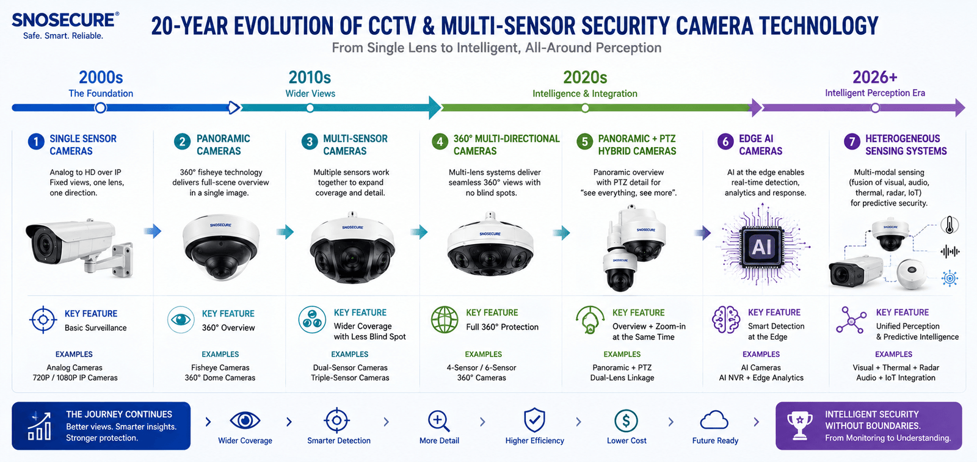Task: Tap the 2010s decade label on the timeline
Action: point(310,78)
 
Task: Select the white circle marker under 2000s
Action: point(100,107)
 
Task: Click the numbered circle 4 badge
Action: point(440,142)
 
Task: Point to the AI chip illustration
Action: point(761,247)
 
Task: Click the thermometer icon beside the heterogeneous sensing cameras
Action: point(949,225)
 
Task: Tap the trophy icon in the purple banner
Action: point(799,425)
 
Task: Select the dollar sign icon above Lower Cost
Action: point(626,420)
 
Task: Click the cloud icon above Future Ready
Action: point(714,420)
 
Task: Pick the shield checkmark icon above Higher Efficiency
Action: point(534,420)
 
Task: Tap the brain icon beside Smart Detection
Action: point(726,319)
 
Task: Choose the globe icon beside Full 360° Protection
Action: point(445,319)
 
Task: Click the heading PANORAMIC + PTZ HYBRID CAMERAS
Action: point(637,145)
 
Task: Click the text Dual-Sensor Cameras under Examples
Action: point(350,367)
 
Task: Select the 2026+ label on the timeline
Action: point(875,78)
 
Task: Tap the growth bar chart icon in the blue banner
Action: point(40,425)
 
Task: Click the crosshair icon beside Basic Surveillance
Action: point(43,320)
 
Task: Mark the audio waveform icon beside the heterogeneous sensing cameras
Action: point(950,251)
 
